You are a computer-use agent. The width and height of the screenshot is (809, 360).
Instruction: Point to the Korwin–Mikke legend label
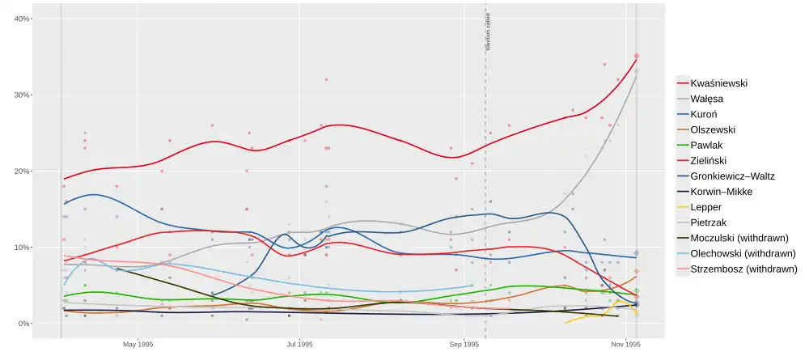[x=730, y=191]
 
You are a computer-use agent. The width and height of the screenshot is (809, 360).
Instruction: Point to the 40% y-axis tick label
[x=22, y=19]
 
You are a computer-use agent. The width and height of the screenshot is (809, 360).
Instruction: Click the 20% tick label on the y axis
[x=22, y=172]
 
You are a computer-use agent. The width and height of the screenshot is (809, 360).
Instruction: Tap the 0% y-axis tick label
[x=24, y=324]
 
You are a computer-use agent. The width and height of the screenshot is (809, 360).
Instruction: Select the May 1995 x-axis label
[x=138, y=344]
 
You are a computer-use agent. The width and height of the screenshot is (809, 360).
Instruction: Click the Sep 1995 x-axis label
[x=464, y=344]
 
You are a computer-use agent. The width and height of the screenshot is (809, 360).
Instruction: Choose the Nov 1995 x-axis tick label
[x=626, y=344]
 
